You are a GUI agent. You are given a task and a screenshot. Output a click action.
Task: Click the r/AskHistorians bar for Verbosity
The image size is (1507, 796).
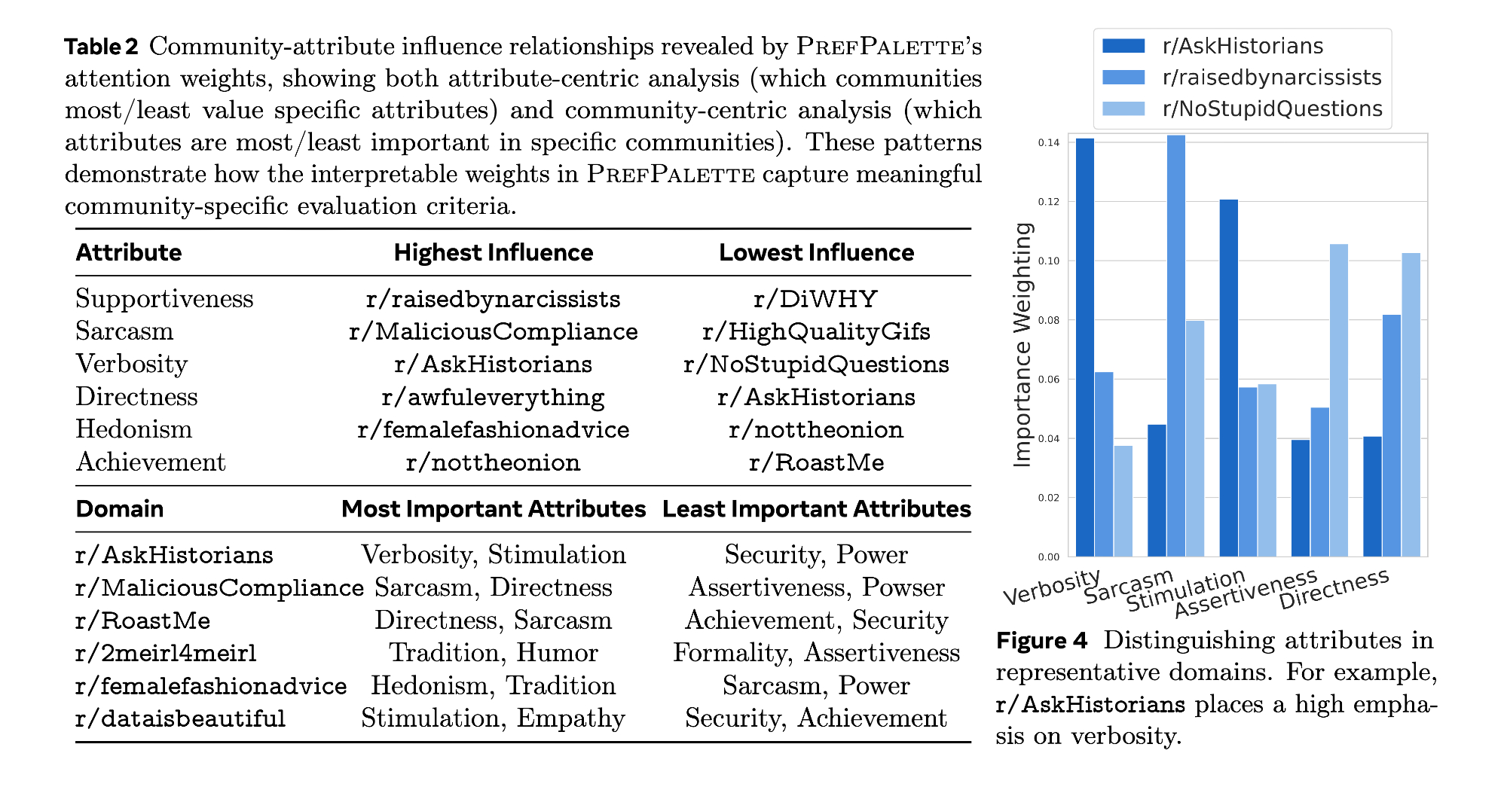coord(1085,346)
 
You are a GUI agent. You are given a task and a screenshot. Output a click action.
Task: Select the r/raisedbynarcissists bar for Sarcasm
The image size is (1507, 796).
coord(1175,346)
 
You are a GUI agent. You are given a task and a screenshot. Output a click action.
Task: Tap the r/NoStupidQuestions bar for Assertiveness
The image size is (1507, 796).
coord(1339,399)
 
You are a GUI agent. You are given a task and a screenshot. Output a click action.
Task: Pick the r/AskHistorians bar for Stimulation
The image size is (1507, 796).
coord(1228,377)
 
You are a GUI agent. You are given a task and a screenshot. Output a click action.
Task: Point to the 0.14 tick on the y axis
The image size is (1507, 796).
coord(1048,142)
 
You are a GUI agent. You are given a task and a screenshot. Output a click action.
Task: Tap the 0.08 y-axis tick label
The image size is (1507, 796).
coord(1048,320)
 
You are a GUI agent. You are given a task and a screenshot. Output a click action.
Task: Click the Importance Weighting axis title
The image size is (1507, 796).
coord(1022,345)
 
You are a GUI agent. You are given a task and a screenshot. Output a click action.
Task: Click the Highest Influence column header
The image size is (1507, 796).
coord(494,252)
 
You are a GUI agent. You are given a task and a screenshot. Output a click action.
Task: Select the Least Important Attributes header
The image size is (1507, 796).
coord(816,509)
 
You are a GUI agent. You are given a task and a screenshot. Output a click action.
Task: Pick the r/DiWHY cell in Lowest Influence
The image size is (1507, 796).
coord(816,299)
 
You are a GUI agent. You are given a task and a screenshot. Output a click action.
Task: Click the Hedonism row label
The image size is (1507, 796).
coord(134,429)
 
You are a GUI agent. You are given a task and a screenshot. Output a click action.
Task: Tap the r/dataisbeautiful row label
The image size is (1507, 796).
coord(181,718)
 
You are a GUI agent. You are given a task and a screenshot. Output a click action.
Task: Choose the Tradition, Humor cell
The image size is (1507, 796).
coord(494,653)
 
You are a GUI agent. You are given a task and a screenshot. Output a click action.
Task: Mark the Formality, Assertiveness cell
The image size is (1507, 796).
coord(816,653)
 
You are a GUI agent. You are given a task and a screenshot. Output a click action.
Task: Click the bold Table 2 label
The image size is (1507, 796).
coord(102,47)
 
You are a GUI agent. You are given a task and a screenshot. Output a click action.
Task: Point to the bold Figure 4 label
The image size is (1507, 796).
coord(1041,641)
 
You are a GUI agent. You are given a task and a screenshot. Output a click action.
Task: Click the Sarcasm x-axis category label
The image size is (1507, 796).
coord(1129,586)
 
